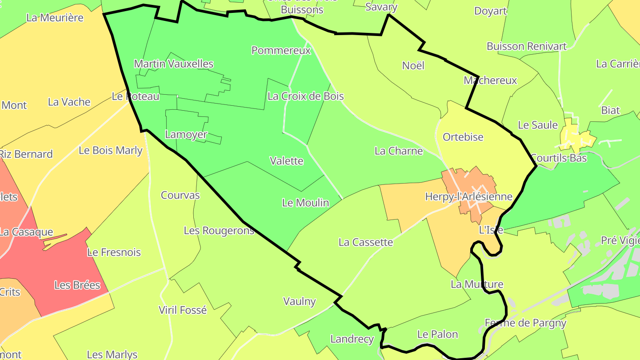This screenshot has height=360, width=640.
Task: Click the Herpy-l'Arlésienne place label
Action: pyautogui.click(x=468, y=196)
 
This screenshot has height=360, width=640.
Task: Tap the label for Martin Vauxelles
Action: pyautogui.click(x=174, y=64)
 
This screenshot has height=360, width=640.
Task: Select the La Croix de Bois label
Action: pyautogui.click(x=306, y=96)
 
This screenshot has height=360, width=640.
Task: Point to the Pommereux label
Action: pyautogui.click(x=281, y=51)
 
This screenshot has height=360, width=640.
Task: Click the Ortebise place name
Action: pyautogui.click(x=463, y=137)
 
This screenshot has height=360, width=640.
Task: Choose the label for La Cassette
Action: pyautogui.click(x=366, y=242)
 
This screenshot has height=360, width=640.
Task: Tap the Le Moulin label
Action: pyautogui.click(x=306, y=203)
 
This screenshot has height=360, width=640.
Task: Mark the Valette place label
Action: pyautogui.click(x=287, y=161)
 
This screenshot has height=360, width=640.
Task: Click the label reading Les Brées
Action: pyautogui.click(x=77, y=285)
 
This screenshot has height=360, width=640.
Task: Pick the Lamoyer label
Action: pyautogui.click(x=186, y=134)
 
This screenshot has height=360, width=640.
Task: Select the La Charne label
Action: pyautogui.click(x=399, y=151)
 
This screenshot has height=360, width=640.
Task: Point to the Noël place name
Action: pyautogui.click(x=413, y=66)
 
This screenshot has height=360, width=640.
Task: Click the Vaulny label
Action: pyautogui.click(x=300, y=301)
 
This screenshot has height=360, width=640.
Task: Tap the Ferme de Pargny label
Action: pyautogui.click(x=525, y=323)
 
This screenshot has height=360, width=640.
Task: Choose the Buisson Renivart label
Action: pyautogui.click(x=527, y=46)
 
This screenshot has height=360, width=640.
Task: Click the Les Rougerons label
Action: pyautogui.click(x=219, y=230)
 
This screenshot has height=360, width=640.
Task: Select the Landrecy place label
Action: pyautogui.click(x=352, y=339)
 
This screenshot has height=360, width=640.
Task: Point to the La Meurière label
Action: pyautogui.click(x=55, y=18)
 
